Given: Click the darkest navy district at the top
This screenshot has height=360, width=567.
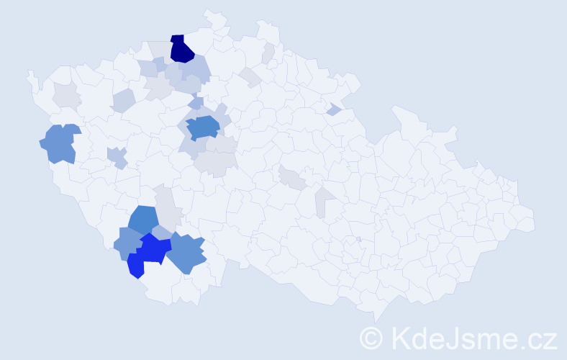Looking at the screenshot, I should [182, 49].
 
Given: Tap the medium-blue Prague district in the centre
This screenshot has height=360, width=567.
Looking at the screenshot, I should [202, 127].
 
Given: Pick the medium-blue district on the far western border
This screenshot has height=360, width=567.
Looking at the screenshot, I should [59, 143].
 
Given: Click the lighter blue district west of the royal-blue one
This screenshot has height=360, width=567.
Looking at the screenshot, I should [127, 243].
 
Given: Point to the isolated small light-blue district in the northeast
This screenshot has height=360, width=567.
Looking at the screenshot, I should [333, 109].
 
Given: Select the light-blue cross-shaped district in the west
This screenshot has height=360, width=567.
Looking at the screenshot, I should [117, 157].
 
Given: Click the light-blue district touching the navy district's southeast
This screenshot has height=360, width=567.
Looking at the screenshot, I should [196, 69].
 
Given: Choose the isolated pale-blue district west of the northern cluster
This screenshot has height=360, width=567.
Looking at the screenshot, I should [123, 100].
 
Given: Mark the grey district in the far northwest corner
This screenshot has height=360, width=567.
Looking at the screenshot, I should [66, 94].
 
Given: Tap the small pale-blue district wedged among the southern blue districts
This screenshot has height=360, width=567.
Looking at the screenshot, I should [161, 232].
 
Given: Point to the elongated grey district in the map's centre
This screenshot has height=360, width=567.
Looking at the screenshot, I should [293, 177].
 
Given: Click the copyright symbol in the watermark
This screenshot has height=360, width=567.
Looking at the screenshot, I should [371, 338].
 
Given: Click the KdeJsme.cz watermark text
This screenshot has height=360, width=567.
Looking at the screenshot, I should [472, 338].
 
